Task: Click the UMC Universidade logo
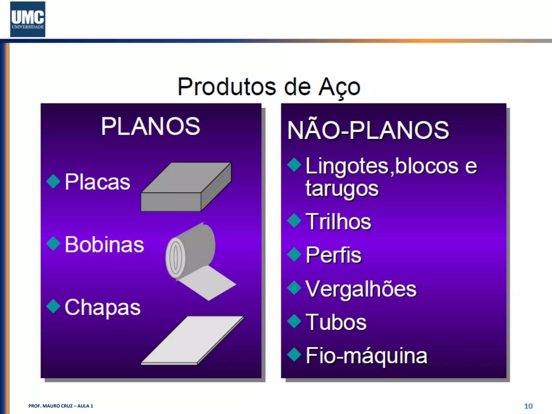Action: (28, 19)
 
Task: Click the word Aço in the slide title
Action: (339, 87)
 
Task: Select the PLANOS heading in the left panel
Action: (151, 126)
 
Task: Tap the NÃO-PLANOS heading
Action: (368, 130)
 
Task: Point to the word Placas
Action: (97, 182)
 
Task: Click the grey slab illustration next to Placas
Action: (186, 187)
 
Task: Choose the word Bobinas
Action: (104, 244)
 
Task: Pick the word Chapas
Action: (102, 307)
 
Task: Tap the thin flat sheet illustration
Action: (192, 340)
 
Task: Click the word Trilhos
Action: (338, 222)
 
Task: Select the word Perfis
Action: (333, 255)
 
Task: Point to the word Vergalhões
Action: (361, 289)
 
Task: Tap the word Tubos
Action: (336, 322)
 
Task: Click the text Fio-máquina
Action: (367, 356)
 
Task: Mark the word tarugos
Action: (342, 189)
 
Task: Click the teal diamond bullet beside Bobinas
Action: (53, 243)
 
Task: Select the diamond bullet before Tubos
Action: (294, 321)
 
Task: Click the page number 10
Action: (528, 406)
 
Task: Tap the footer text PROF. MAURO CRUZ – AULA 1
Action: (61, 406)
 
